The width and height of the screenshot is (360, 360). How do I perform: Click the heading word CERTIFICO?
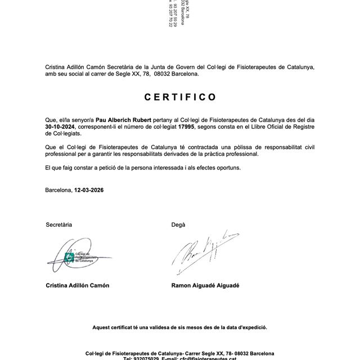180,97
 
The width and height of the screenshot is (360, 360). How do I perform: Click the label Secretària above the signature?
58,224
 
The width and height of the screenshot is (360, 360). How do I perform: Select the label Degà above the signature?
178,224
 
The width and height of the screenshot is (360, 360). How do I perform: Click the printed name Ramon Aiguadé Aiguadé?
205,285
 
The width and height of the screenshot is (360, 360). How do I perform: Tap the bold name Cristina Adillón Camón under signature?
78,285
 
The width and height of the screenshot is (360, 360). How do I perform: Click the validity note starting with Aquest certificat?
180,327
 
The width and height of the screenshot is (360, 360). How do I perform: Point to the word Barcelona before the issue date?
58,190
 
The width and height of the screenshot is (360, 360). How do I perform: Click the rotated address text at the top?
178,14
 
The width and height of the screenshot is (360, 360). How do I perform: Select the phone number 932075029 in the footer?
143,358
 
